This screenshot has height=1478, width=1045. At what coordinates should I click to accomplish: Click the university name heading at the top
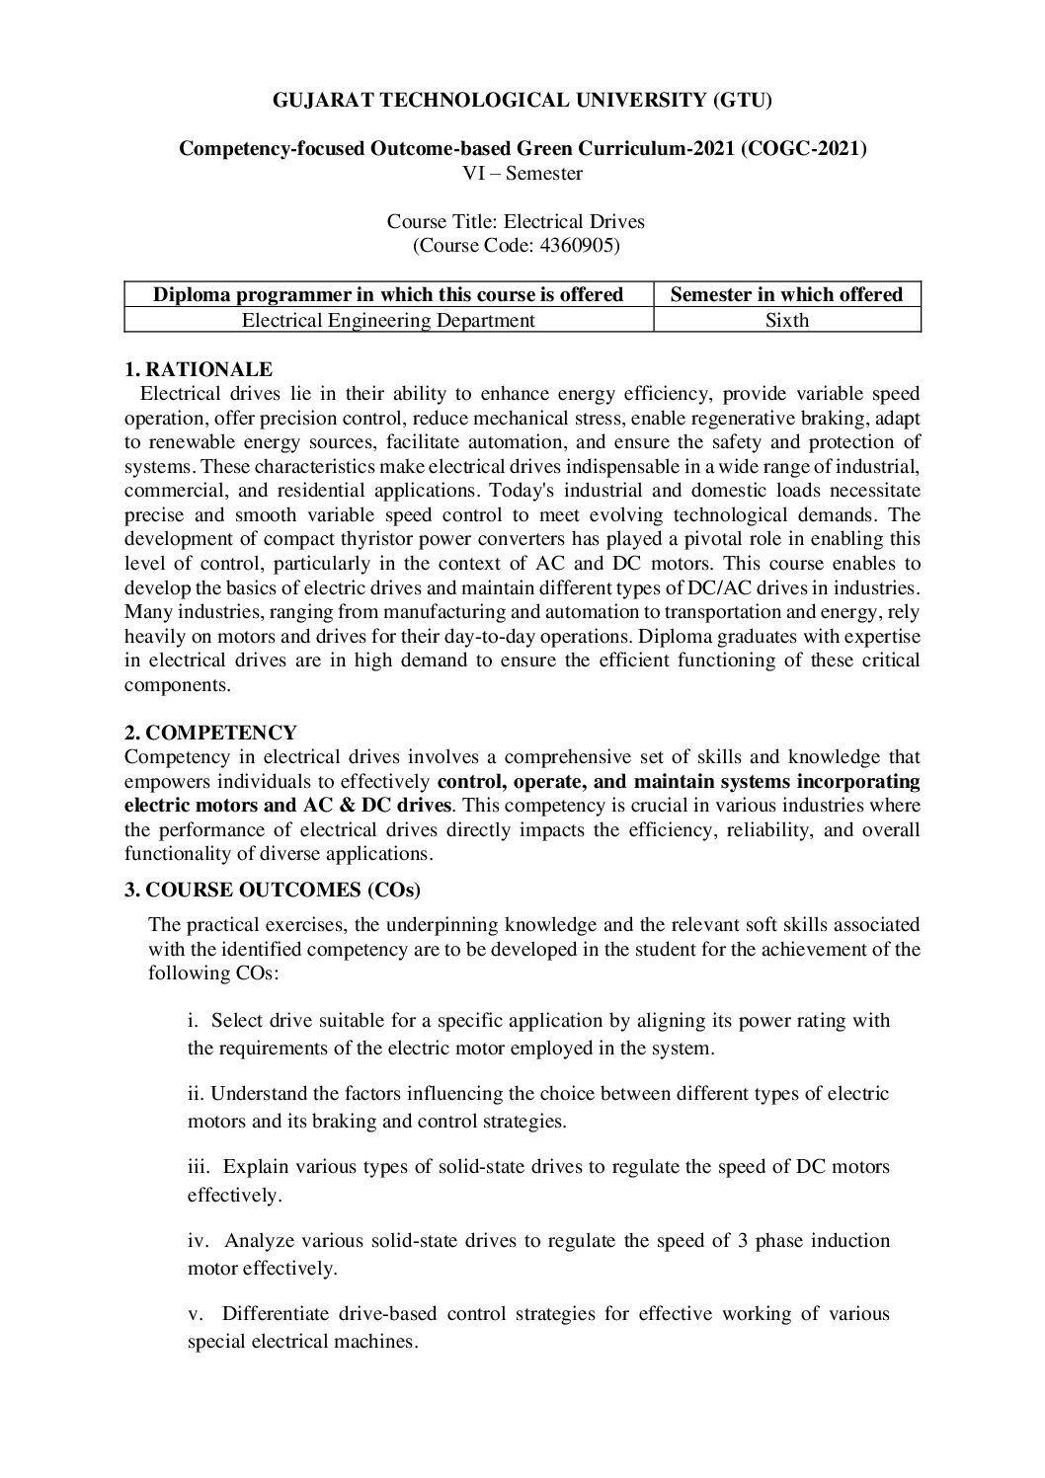(522, 100)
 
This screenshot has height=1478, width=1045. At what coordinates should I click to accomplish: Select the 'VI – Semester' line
(522, 174)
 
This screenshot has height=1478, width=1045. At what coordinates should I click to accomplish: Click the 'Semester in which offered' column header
(786, 294)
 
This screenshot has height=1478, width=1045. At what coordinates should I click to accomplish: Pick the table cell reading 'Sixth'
(786, 320)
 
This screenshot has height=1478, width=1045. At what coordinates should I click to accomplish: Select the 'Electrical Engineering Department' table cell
(388, 320)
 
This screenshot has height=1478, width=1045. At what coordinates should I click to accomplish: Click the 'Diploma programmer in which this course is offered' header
(388, 294)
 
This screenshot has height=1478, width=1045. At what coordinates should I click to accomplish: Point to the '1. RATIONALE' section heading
(199, 369)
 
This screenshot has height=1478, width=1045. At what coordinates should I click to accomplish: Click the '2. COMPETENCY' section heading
(210, 733)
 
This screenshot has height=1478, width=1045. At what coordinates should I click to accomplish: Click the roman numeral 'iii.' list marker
(199, 1167)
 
